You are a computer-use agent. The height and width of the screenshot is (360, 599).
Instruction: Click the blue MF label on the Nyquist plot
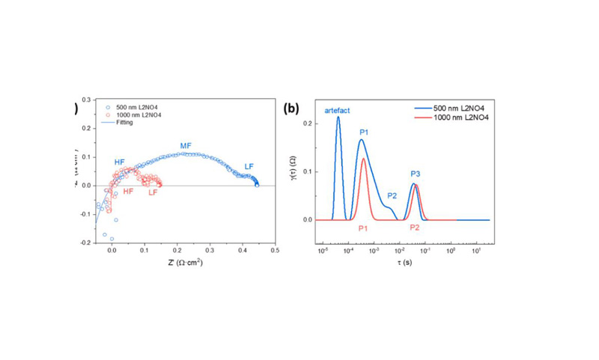click(x=186, y=145)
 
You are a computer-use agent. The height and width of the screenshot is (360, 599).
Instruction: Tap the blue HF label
click(x=120, y=162)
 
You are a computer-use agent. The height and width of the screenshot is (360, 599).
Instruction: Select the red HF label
click(x=128, y=192)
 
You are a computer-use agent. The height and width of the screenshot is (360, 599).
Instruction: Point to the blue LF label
click(x=249, y=166)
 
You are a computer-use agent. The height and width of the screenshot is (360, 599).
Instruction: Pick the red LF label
click(x=153, y=193)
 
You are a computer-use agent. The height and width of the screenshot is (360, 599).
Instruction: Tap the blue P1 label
click(x=365, y=132)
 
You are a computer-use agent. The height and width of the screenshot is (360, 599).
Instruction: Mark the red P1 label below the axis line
click(x=363, y=228)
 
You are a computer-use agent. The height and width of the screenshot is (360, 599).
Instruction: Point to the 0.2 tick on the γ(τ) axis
click(x=310, y=123)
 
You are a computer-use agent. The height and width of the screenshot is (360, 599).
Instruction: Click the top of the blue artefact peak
click(x=338, y=117)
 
